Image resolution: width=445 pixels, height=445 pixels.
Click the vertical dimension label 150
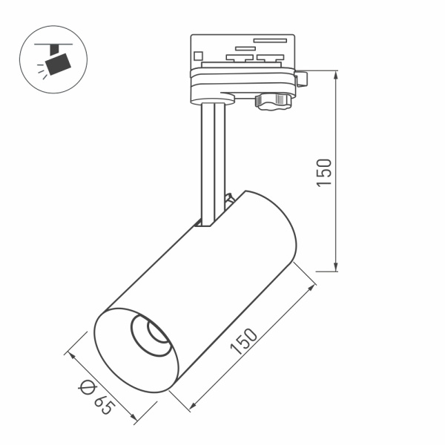324,172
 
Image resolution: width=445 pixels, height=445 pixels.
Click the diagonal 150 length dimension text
247,343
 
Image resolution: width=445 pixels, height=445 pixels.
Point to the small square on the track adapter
198,54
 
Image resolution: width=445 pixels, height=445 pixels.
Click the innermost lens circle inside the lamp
158,334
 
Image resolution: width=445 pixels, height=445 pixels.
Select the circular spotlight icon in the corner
60,59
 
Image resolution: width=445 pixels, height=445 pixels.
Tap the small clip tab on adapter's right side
301,77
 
